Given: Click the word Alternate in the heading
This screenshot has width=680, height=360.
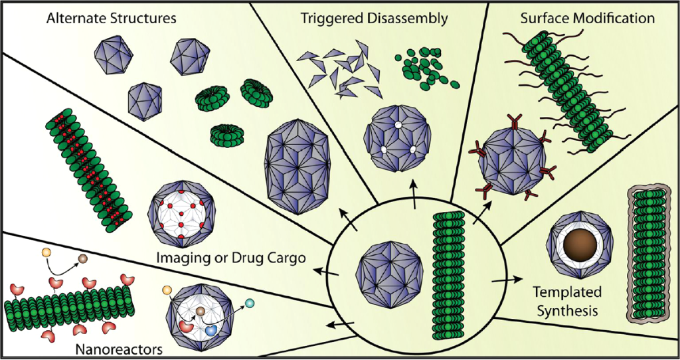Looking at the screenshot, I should click(x=72, y=18).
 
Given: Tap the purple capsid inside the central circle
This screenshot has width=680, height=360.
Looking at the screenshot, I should click(x=385, y=272).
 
